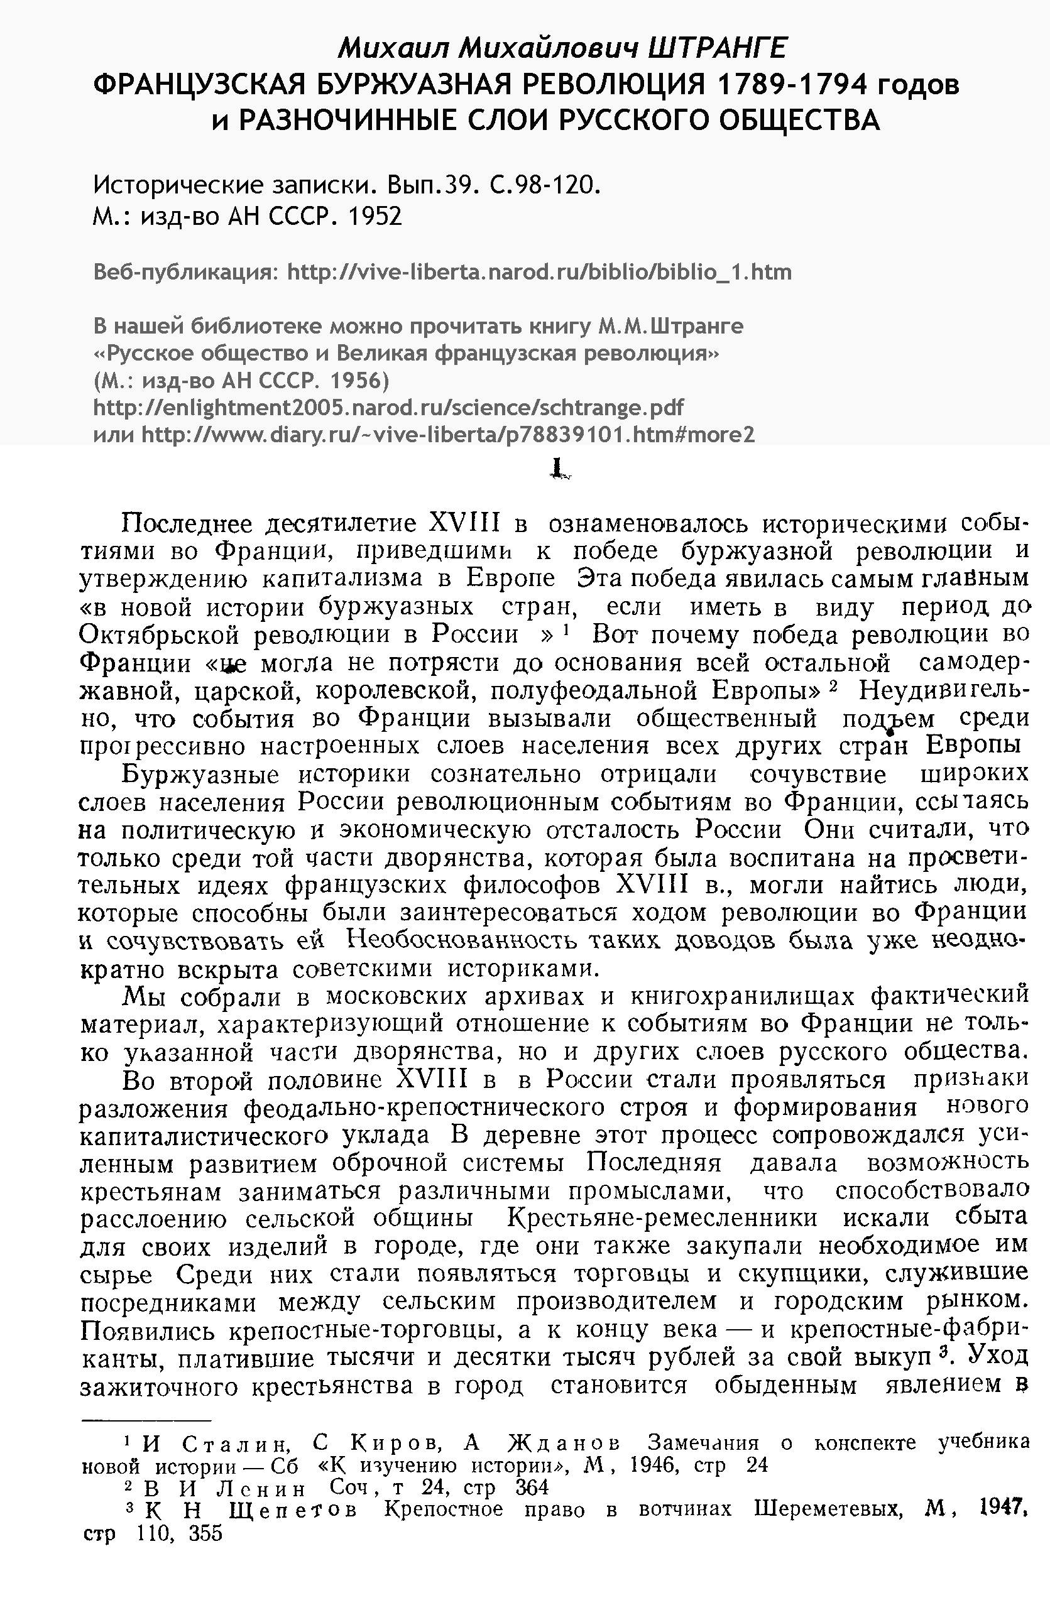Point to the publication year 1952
[x=374, y=216]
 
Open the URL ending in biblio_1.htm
[x=540, y=272]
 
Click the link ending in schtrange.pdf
[x=388, y=407]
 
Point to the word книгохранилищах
[x=743, y=996]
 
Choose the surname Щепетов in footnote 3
[x=293, y=1511]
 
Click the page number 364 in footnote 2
[x=532, y=1488]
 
